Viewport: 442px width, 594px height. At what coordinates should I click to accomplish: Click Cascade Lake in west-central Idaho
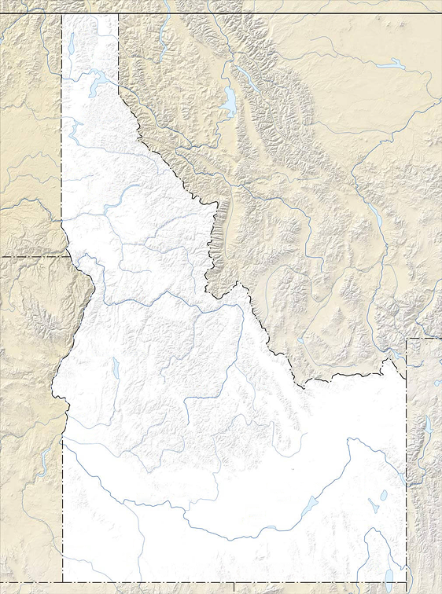click(x=116, y=368)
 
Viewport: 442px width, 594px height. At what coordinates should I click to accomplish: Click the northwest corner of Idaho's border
click(x=62, y=14)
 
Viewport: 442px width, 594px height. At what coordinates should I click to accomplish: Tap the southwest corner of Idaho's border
click(x=62, y=582)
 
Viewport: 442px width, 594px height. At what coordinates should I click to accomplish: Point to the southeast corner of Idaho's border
click(x=407, y=582)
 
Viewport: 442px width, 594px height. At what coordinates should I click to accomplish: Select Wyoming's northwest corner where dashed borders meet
click(x=407, y=339)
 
